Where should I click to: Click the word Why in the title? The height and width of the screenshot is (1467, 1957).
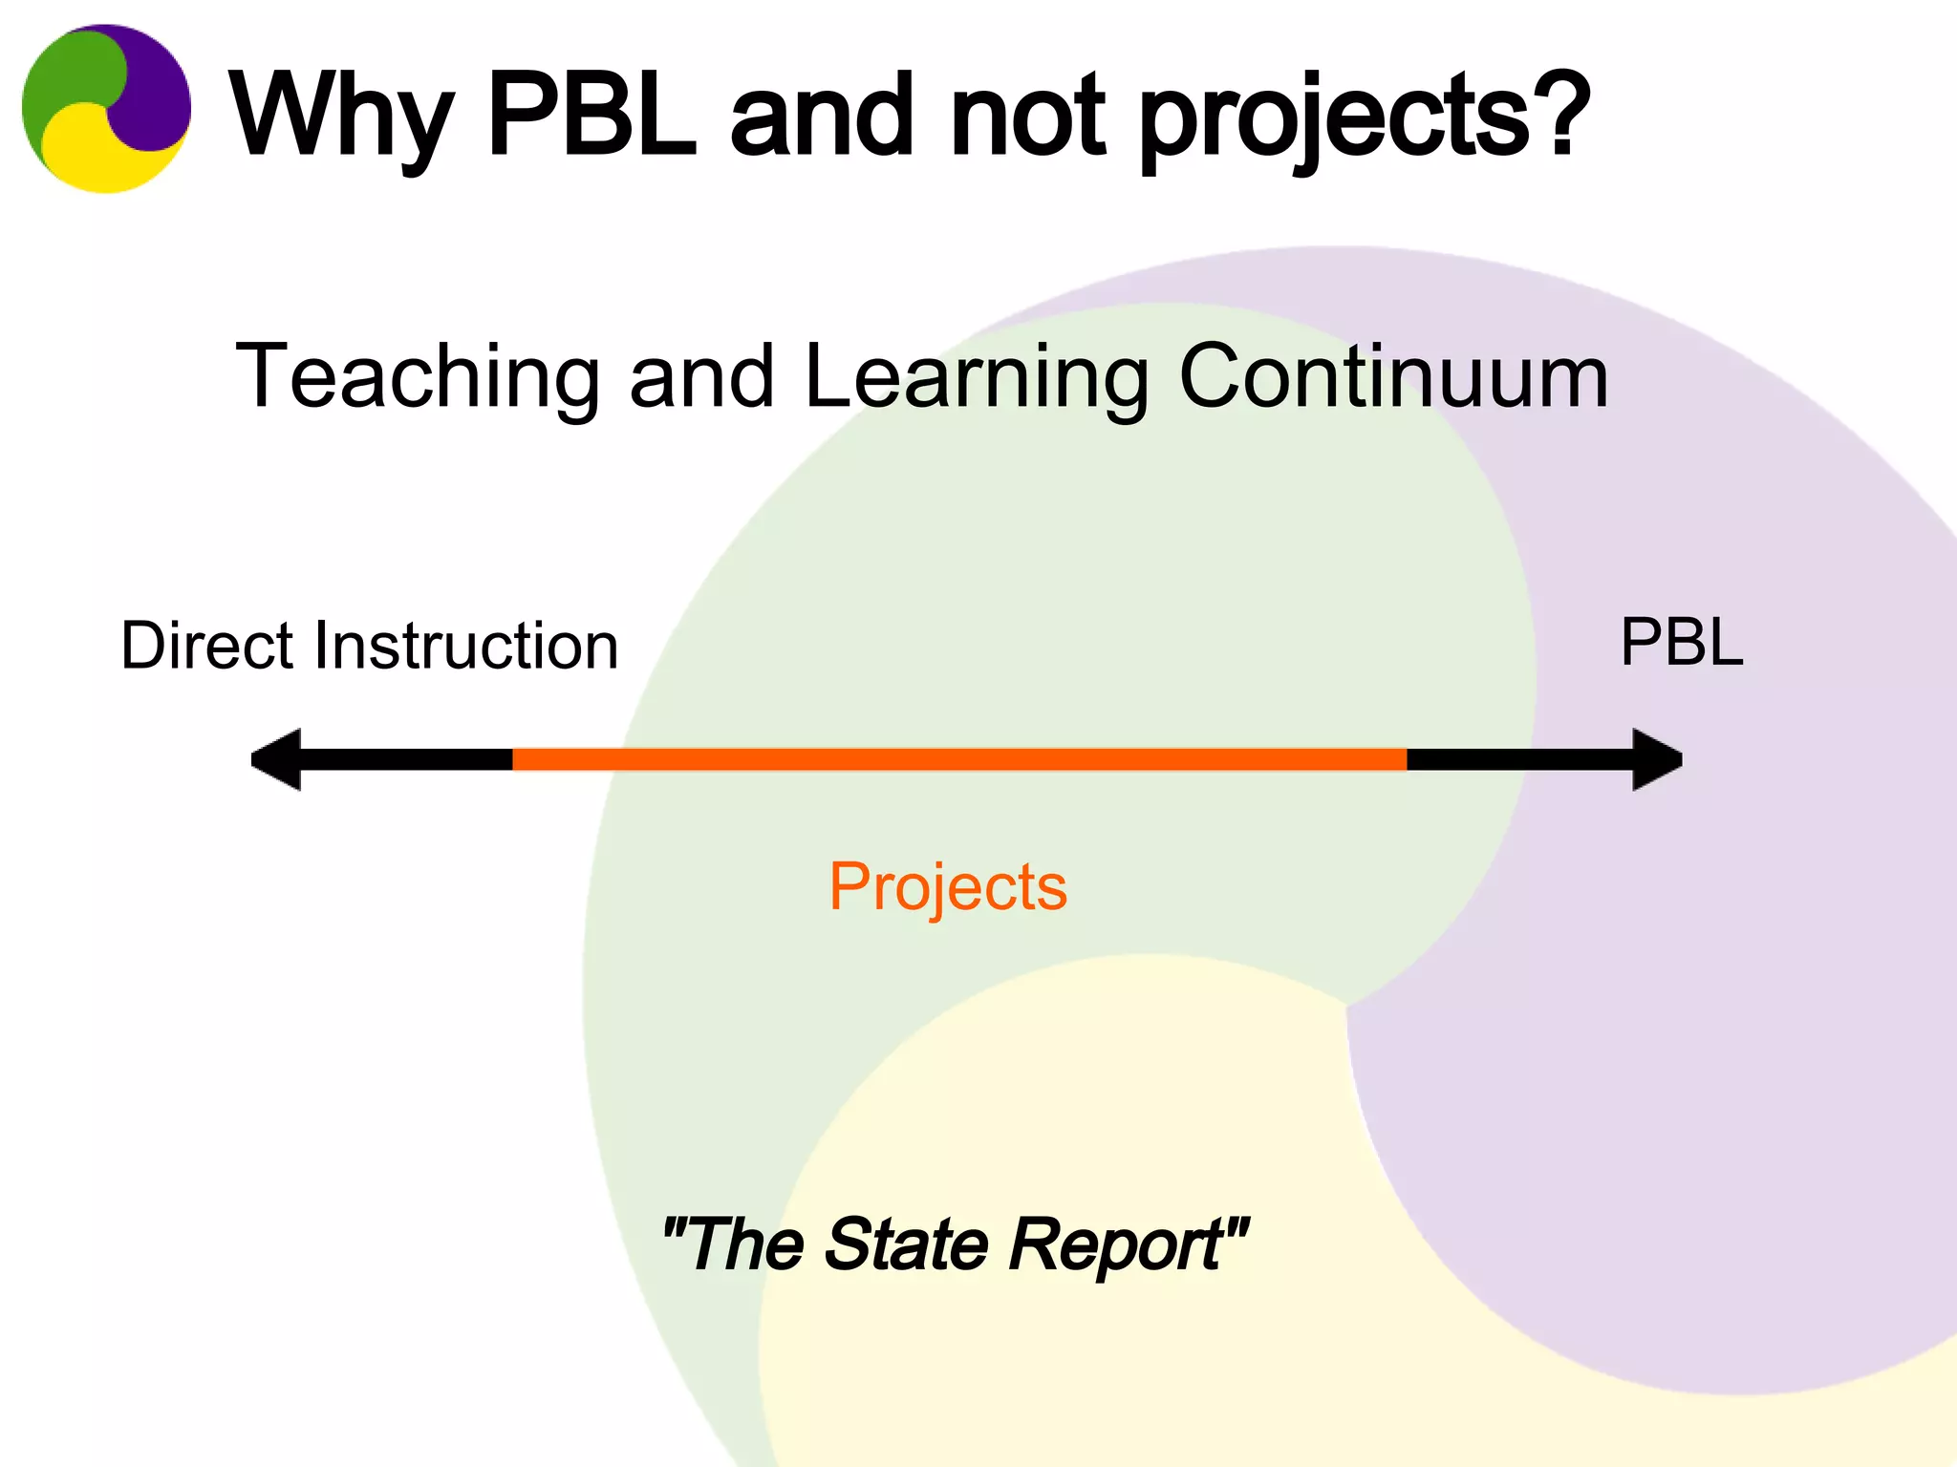[x=339, y=117]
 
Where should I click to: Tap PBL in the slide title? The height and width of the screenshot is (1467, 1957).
[x=592, y=117]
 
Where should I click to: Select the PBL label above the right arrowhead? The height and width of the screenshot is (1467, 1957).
[x=1682, y=642]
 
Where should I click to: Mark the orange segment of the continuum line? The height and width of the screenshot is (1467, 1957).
[x=959, y=759]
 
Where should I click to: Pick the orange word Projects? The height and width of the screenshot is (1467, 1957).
[x=947, y=887]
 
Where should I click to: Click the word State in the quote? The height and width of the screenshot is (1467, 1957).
[x=906, y=1244]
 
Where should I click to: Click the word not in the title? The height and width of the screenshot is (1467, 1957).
[x=1027, y=117]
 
